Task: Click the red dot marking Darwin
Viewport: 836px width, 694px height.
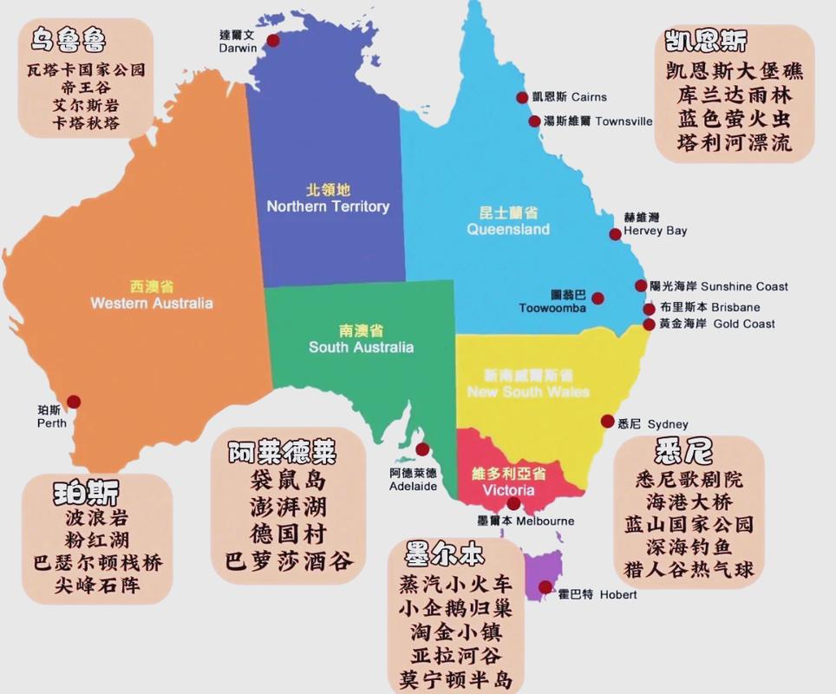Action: pyautogui.click(x=273, y=40)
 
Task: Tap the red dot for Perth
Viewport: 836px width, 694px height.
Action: pyautogui.click(x=74, y=402)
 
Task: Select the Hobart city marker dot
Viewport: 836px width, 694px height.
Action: pyautogui.click(x=545, y=587)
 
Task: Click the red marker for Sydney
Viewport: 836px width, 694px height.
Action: pyautogui.click(x=607, y=422)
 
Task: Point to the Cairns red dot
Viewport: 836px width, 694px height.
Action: pyautogui.click(x=522, y=97)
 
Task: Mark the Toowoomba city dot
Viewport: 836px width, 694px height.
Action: pyautogui.click(x=598, y=298)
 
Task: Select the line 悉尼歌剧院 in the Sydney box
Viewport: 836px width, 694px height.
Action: pyautogui.click(x=689, y=479)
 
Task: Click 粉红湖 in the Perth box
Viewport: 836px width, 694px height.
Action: pyautogui.click(x=96, y=540)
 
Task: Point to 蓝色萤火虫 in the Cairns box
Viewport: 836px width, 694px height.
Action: pyautogui.click(x=734, y=118)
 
